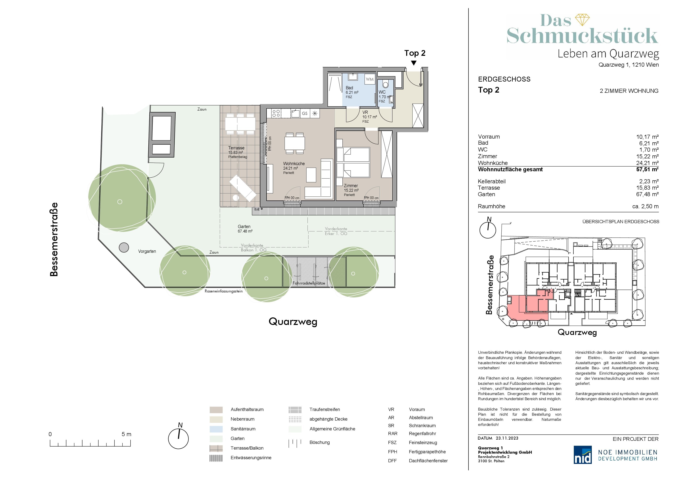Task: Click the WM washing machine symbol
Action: tap(370, 79)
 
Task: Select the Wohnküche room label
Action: tap(294, 164)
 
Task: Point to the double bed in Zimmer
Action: tap(353, 162)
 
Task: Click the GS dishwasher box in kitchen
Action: tap(305, 113)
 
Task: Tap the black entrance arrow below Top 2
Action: tap(414, 63)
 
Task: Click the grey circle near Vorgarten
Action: tap(124, 247)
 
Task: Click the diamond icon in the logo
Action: tap(582, 20)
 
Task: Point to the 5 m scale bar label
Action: tap(126, 434)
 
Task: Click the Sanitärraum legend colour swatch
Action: tap(216, 429)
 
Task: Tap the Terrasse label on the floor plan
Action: tap(236, 148)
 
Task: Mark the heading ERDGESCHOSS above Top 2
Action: tap(504, 79)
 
